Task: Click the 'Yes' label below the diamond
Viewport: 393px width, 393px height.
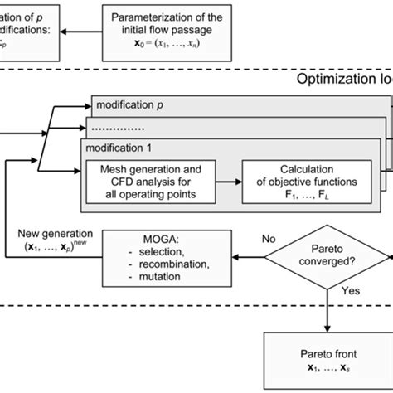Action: [x=351, y=291]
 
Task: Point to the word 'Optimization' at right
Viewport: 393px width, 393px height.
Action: [x=336, y=80]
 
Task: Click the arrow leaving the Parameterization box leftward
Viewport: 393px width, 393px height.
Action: [x=81, y=33]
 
